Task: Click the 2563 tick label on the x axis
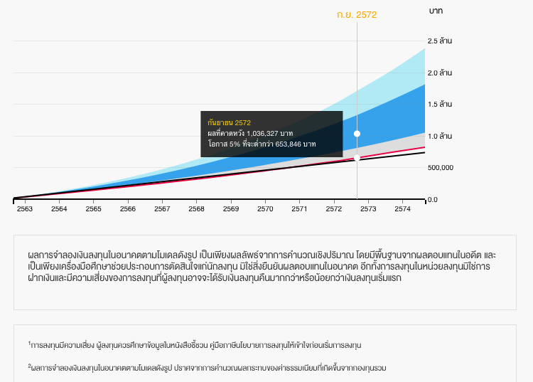(25, 209)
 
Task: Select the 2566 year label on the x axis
(128, 209)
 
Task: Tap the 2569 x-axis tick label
(231, 209)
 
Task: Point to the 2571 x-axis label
(299, 209)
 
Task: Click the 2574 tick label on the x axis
(402, 209)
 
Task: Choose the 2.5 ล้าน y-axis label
(441, 41)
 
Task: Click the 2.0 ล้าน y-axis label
(441, 73)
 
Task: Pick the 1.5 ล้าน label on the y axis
(441, 104)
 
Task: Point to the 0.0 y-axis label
(433, 200)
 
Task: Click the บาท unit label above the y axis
(436, 11)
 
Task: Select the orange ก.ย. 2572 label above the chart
(357, 14)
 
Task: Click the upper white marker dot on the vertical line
(357, 134)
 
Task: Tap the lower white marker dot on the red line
(357, 158)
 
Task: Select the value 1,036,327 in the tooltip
(262, 133)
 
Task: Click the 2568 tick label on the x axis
(197, 209)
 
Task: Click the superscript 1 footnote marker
(29, 343)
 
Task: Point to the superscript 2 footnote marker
(29, 366)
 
